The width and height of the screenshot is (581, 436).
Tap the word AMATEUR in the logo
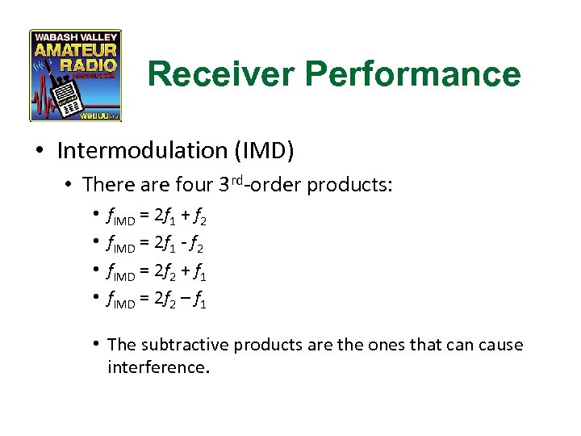(x=76, y=51)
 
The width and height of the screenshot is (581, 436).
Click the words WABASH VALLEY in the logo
(x=76, y=37)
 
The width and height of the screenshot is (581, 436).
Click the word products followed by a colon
(x=351, y=185)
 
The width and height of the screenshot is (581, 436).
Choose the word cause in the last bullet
(x=500, y=345)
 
